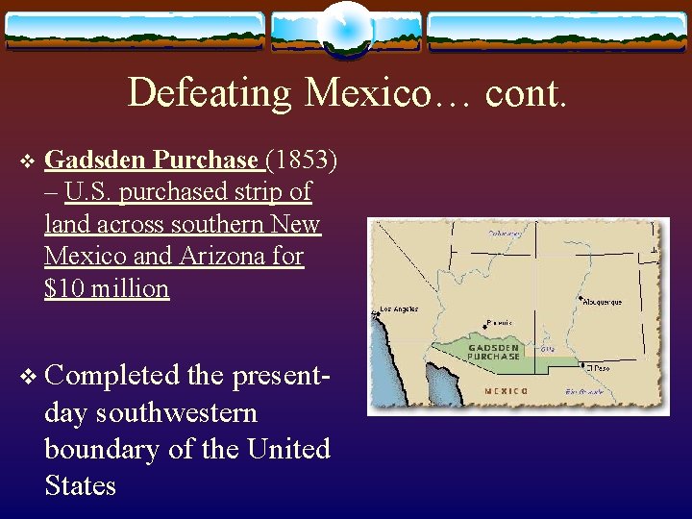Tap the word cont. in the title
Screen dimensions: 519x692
(x=527, y=93)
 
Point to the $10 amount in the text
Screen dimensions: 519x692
(x=63, y=288)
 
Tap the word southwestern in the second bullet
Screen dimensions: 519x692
(x=151, y=412)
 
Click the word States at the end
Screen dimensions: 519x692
(x=80, y=485)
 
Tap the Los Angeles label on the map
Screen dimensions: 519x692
(x=400, y=309)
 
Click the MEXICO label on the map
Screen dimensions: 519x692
(x=506, y=391)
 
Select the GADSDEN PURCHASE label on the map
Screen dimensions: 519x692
(x=494, y=352)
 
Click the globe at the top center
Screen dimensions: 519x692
(x=346, y=29)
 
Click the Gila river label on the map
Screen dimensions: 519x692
(x=549, y=349)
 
